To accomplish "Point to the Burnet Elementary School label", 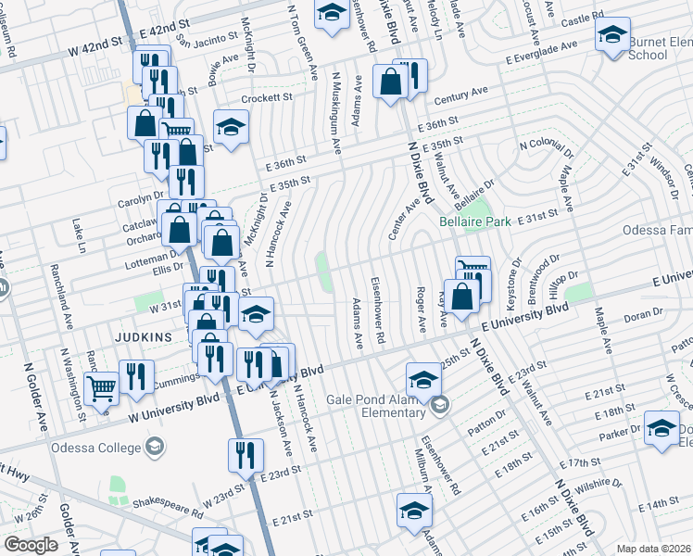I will pos(661,48).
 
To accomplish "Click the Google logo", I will pos(31,545).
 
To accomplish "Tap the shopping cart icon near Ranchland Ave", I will pos(101,389).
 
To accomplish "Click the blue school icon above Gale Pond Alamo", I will pos(423,378).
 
